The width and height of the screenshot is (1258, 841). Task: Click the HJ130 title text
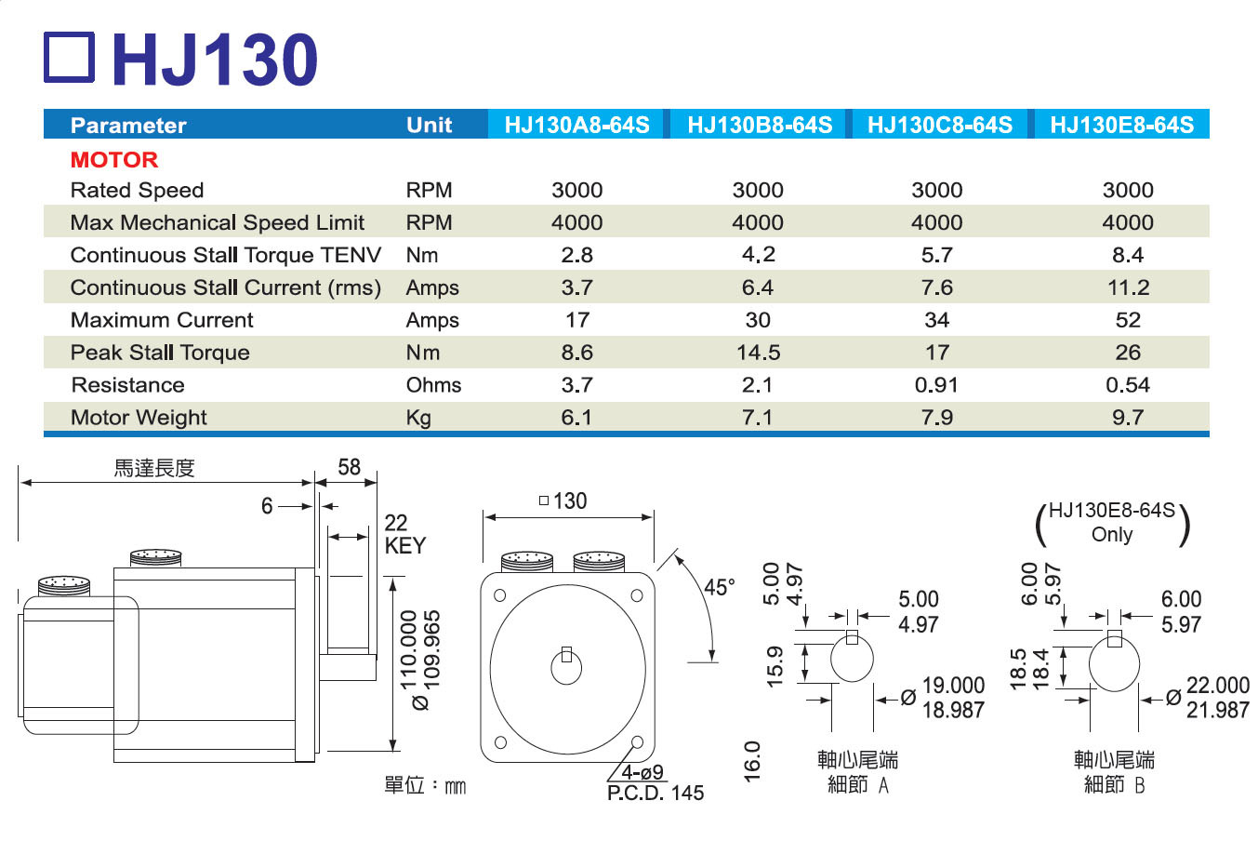(x=215, y=60)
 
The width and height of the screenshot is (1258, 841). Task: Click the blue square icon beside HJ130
(x=69, y=58)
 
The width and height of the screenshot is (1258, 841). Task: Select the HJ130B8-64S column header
(x=759, y=125)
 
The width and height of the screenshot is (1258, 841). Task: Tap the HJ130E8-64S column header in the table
(x=1120, y=125)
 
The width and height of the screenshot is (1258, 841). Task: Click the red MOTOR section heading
(x=114, y=159)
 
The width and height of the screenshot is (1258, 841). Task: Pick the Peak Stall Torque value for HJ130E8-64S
(x=1127, y=353)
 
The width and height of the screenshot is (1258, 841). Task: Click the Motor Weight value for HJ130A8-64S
(x=576, y=418)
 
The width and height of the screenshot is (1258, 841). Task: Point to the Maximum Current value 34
(x=936, y=320)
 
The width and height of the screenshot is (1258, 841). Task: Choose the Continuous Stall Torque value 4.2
(x=758, y=255)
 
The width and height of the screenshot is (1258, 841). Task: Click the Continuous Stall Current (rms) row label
(x=225, y=287)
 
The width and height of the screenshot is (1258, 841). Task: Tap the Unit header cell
(x=429, y=125)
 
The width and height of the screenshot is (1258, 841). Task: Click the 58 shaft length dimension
(x=349, y=467)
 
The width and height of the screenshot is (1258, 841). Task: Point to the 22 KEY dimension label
(x=404, y=535)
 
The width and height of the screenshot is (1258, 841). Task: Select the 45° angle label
(x=719, y=588)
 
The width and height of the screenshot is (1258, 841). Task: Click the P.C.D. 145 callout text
(x=655, y=793)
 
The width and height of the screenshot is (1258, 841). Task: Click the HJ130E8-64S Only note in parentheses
(x=1112, y=523)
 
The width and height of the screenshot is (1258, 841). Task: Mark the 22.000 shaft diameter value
(x=1217, y=686)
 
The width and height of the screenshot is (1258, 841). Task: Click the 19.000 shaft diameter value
(x=953, y=686)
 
